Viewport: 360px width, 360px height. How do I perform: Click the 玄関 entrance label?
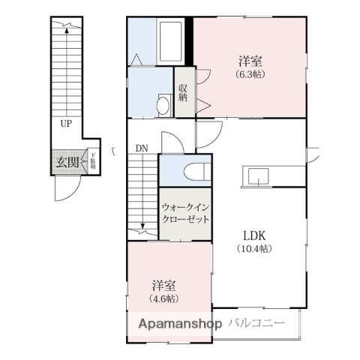point(66,163)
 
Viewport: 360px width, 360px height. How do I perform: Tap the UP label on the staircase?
point(67,124)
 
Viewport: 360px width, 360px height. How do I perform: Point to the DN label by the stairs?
point(142,148)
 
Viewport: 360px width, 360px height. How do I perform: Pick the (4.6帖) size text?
point(163,298)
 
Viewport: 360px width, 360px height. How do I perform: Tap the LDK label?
point(251,234)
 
